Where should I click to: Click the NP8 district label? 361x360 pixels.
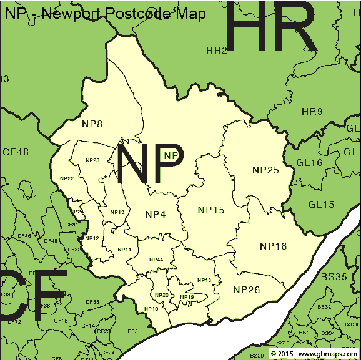click(92, 124)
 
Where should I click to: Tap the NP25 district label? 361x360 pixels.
click(265, 170)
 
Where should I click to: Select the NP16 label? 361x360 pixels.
click(273, 246)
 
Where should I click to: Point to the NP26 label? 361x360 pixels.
click(247, 289)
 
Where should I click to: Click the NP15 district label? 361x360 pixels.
click(210, 210)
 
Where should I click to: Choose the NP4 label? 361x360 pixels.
click(156, 215)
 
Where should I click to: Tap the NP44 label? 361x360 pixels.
click(156, 260)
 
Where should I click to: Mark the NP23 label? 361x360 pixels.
click(92, 160)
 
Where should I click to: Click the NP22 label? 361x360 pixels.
click(67, 178)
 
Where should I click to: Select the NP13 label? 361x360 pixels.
click(117, 212)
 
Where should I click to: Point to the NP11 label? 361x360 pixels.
click(124, 250)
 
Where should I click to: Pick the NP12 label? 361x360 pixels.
click(92, 238)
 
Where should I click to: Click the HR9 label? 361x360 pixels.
click(312, 112)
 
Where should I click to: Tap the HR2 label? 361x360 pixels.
click(217, 50)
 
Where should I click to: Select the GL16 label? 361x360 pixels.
click(309, 162)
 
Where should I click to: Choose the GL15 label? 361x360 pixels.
click(321, 204)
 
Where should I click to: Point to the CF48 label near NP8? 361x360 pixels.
click(16, 152)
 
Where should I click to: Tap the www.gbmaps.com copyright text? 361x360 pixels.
click(315, 354)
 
